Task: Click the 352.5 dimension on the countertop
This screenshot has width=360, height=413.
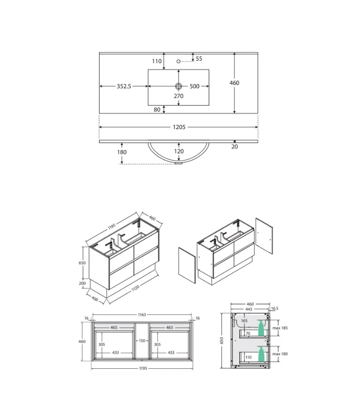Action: [x=124, y=86]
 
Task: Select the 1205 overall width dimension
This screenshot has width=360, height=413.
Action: [x=179, y=127]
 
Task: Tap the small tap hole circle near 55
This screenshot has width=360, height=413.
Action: [x=178, y=61]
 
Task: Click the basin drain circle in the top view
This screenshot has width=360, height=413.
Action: [x=179, y=86]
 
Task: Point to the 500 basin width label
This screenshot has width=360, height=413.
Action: [x=195, y=86]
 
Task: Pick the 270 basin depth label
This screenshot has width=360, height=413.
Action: [x=179, y=96]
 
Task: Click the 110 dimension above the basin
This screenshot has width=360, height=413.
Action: [x=157, y=61]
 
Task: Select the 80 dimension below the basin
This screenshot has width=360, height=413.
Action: [x=157, y=110]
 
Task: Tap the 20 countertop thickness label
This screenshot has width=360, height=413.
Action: [x=235, y=147]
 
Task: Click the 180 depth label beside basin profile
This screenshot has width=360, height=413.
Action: [x=122, y=152]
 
